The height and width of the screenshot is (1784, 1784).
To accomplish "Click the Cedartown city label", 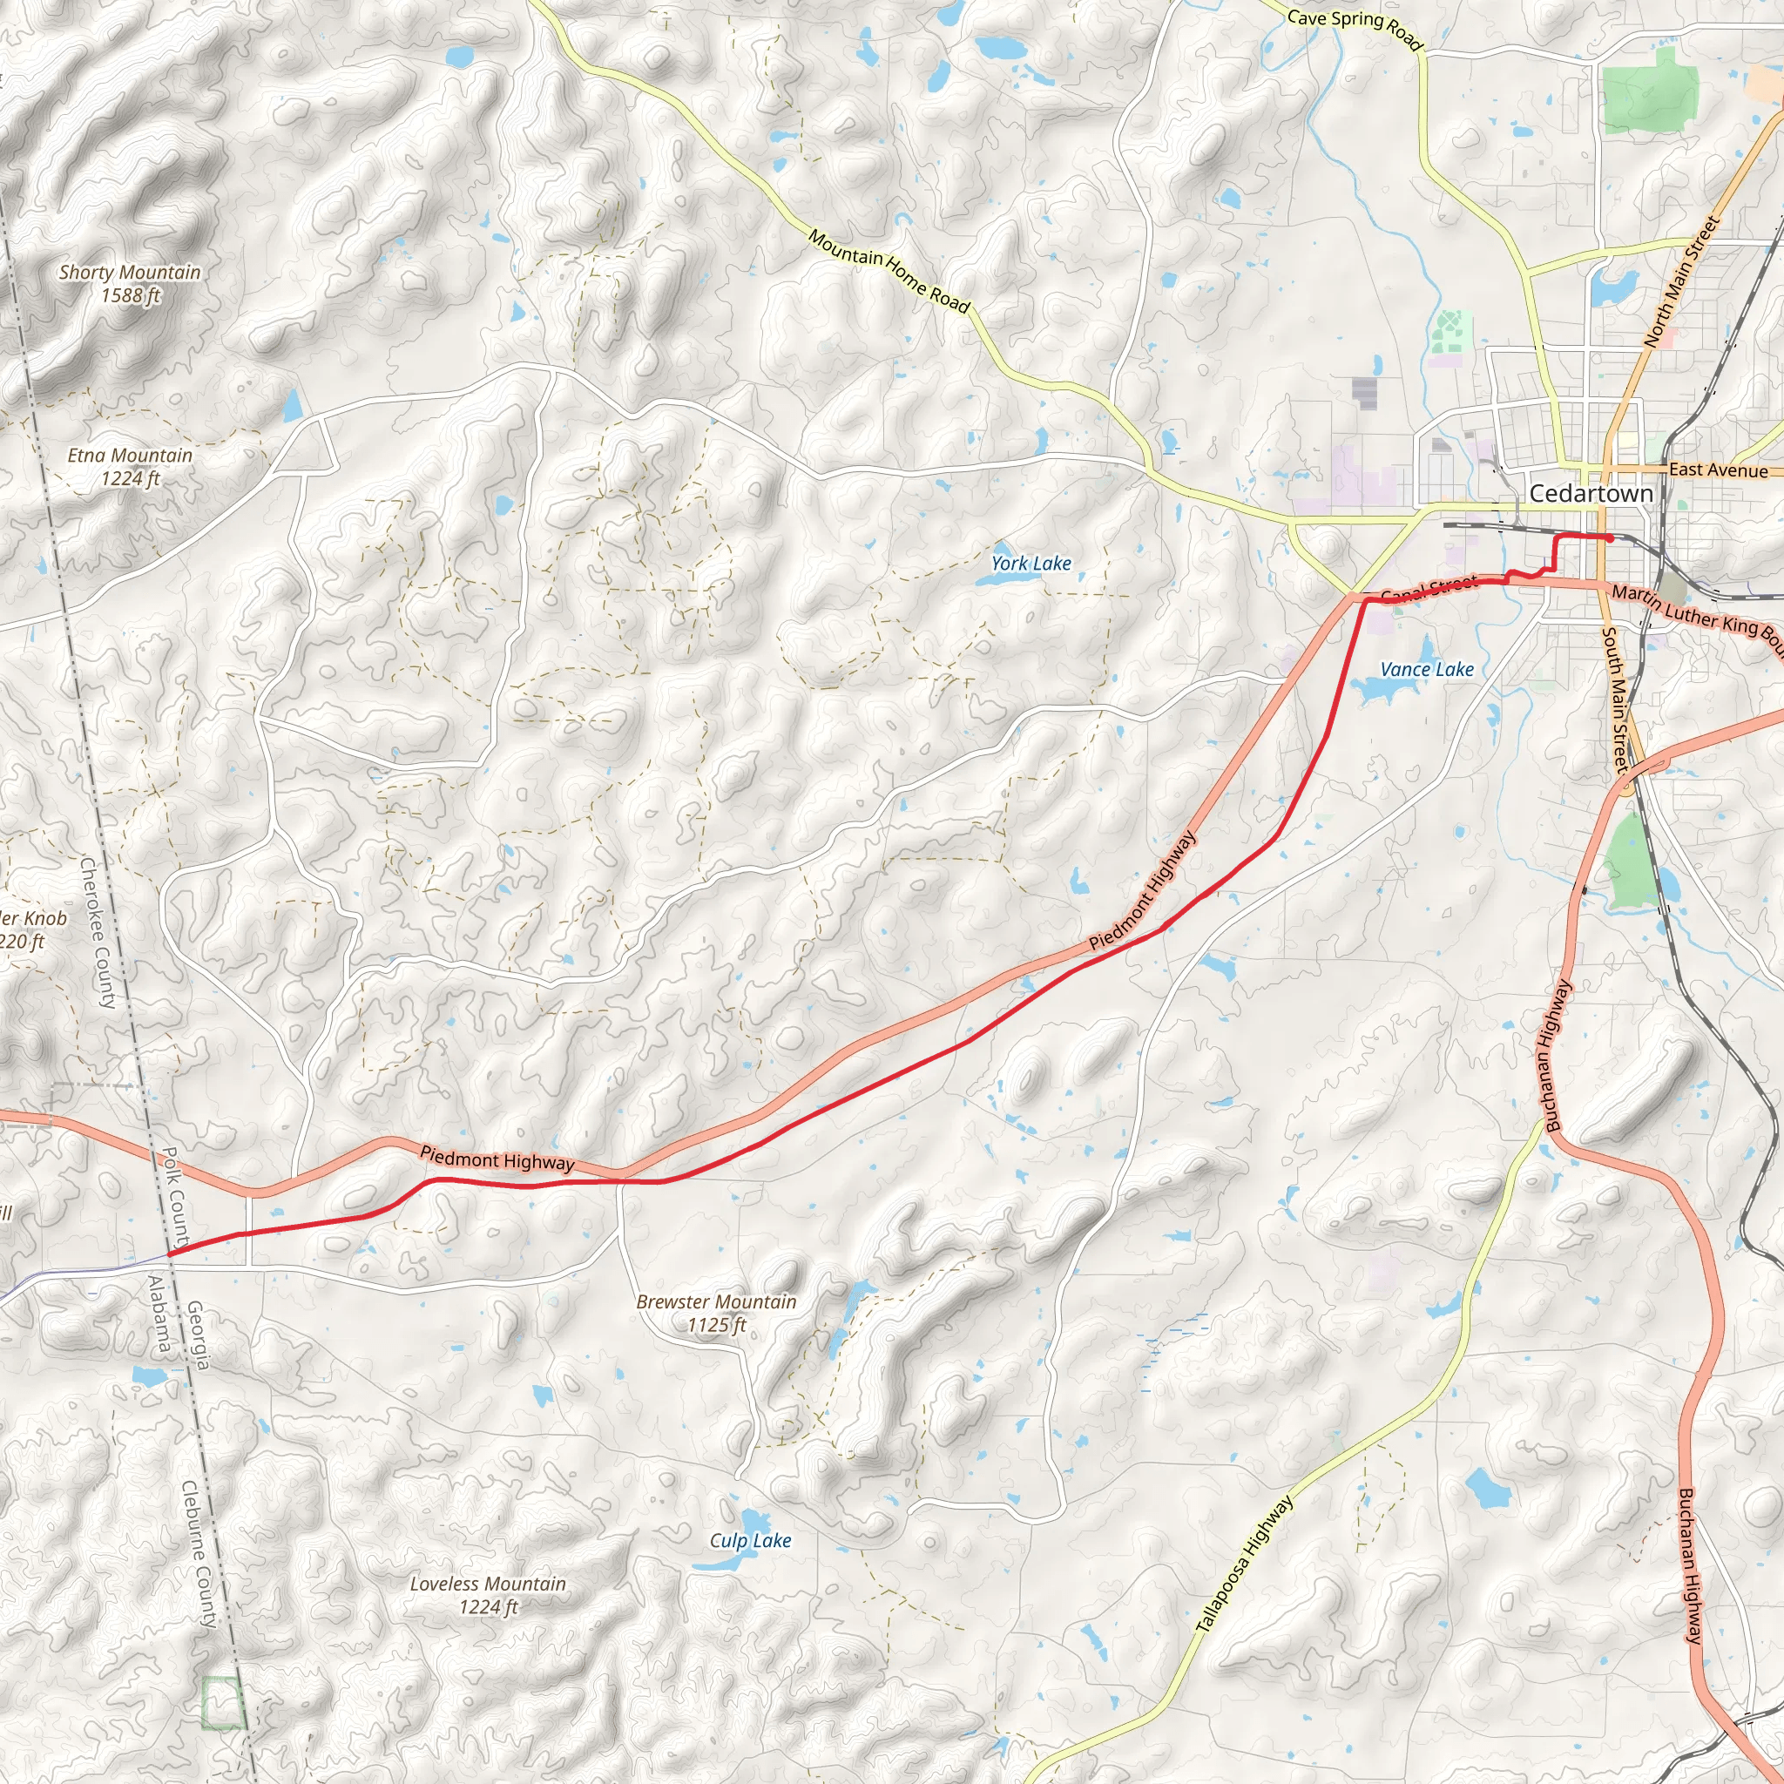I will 1591,494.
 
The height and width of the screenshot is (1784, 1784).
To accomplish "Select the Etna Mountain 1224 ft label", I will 130,466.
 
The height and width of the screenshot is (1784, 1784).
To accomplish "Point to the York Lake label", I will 1031,564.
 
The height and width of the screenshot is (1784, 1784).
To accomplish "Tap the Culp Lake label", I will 750,1540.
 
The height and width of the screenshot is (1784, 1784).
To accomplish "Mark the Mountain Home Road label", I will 889,272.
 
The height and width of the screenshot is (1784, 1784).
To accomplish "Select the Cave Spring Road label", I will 1354,28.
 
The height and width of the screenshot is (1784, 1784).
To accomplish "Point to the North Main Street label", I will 1682,280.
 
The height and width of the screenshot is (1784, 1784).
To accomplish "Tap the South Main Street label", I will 1614,699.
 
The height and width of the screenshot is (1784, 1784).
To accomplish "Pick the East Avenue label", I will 1718,470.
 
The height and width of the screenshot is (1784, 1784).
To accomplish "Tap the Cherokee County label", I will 98,933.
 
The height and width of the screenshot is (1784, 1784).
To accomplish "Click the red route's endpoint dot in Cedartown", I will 1610,537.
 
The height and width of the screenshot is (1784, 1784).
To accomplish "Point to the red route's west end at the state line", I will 170,1254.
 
